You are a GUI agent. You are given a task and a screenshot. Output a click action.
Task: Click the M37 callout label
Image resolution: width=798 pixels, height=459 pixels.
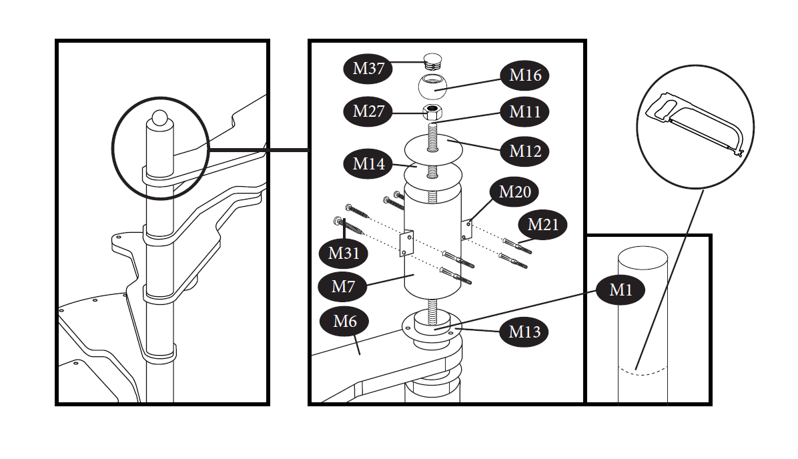(x=368, y=68)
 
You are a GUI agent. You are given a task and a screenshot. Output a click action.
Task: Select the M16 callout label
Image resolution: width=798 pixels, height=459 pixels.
(x=525, y=75)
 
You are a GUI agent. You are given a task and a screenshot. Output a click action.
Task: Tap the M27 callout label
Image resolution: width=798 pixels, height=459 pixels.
(x=368, y=111)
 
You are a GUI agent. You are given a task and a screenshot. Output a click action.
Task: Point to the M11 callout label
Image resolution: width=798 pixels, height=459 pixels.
(x=525, y=111)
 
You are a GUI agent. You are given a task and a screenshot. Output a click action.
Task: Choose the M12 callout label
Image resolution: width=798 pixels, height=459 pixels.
(x=525, y=151)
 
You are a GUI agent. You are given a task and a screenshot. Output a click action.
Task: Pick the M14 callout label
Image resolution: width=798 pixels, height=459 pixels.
(x=368, y=163)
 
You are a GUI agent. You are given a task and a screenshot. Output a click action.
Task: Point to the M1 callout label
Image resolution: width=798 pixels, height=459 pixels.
(x=621, y=290)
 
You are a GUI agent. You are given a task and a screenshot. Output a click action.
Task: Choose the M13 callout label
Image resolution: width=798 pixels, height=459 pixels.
(x=525, y=332)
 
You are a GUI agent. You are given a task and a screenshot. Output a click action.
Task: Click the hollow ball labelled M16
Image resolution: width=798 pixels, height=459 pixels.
(x=432, y=85)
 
